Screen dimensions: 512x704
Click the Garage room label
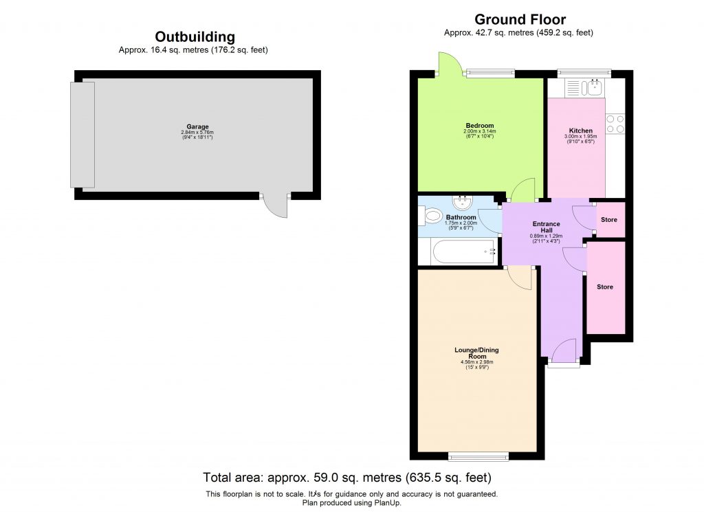click(197, 127)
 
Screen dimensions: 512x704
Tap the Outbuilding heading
click(195, 37)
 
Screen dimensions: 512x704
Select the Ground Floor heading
click(520, 19)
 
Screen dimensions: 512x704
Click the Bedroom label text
click(478, 126)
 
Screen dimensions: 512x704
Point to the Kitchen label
click(580, 131)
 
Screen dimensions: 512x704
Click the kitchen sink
click(591, 87)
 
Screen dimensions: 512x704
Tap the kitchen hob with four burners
click(615, 124)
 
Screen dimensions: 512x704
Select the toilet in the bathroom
click(431, 216)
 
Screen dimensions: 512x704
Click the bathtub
click(463, 252)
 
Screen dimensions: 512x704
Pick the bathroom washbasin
click(463, 201)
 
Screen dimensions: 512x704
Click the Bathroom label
click(461, 218)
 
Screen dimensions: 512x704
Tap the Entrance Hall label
click(546, 227)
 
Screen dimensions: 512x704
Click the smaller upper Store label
click(608, 220)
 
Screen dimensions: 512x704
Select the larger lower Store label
click(604, 287)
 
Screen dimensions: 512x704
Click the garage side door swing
click(276, 208)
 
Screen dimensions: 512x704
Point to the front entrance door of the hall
click(564, 352)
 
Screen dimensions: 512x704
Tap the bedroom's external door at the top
click(448, 65)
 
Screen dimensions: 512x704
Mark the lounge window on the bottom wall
click(478, 456)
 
